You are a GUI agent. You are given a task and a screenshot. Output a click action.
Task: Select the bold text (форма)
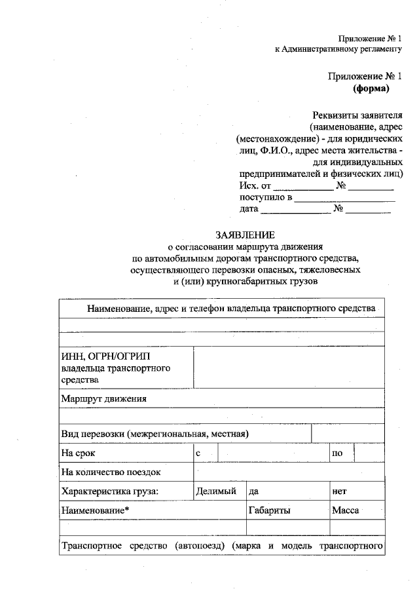[x=372, y=88]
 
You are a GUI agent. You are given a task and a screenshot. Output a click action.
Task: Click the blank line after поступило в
[x=345, y=199]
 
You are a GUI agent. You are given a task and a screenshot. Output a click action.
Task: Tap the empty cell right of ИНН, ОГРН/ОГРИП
[x=288, y=368]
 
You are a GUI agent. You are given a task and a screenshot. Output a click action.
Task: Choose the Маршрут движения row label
[x=104, y=398]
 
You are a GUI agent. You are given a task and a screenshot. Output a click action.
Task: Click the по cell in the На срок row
[x=338, y=453]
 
